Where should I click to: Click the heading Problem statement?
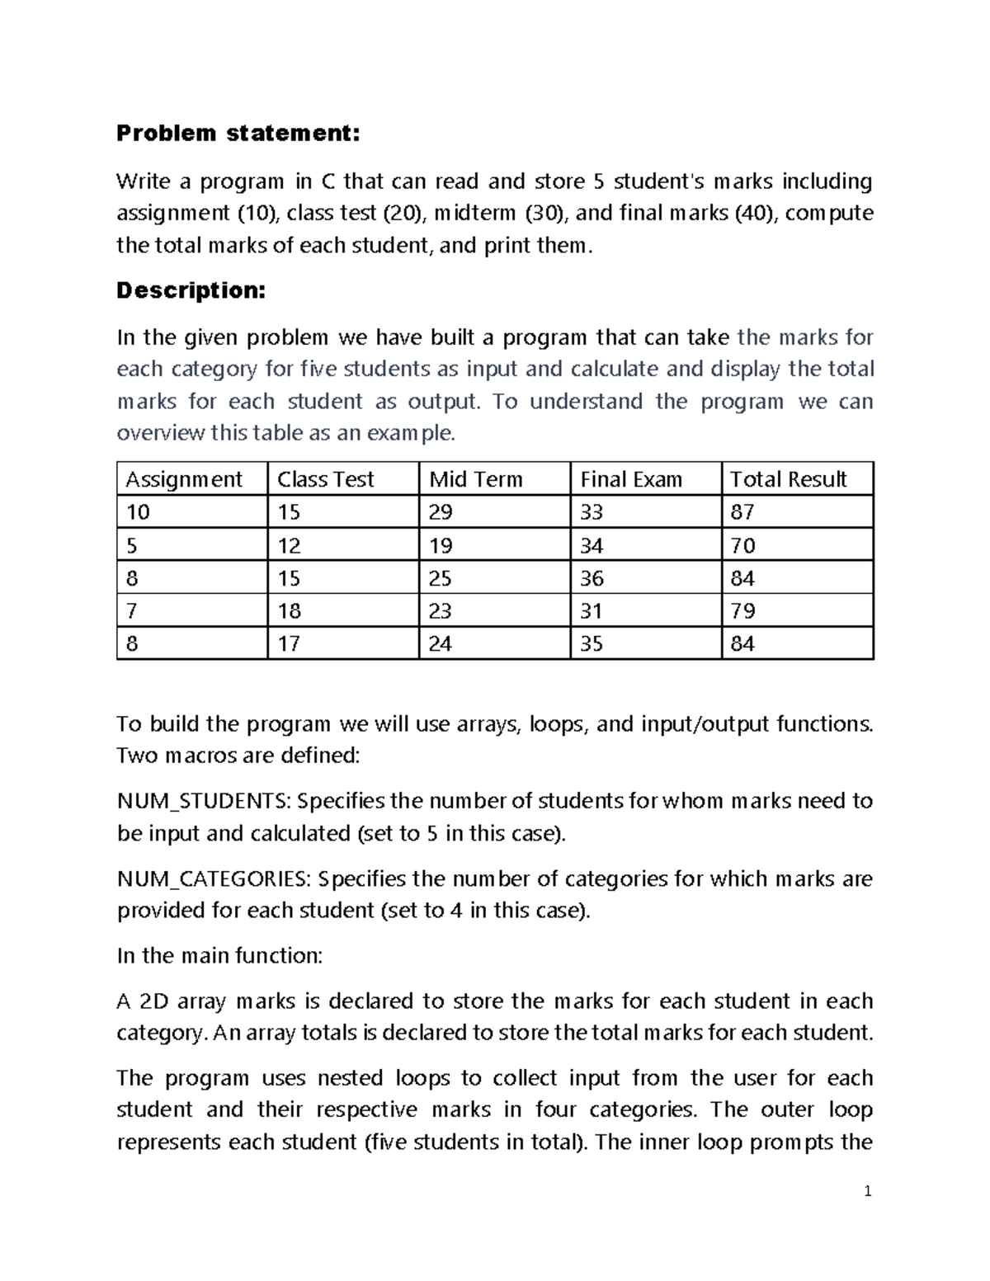tap(238, 134)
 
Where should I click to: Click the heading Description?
tap(191, 290)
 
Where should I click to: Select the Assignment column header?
tap(184, 479)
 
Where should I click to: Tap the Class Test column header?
tap(326, 479)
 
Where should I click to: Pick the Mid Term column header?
tap(476, 479)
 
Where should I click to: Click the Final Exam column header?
tap(631, 479)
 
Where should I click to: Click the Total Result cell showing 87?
tap(742, 512)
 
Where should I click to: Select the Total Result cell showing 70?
tap(742, 545)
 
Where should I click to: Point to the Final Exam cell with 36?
tap(592, 578)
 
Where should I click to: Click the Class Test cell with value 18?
tap(289, 611)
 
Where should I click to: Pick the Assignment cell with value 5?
tap(132, 545)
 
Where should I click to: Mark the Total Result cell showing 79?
tap(742, 611)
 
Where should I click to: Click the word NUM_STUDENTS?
tap(204, 802)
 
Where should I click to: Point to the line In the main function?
tap(220, 956)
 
